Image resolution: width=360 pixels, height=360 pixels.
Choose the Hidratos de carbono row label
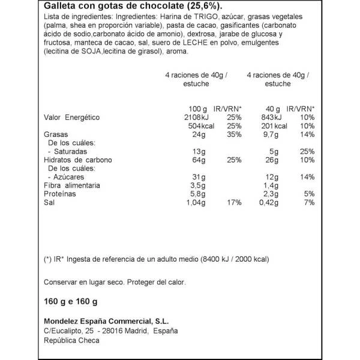pos(79,161)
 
